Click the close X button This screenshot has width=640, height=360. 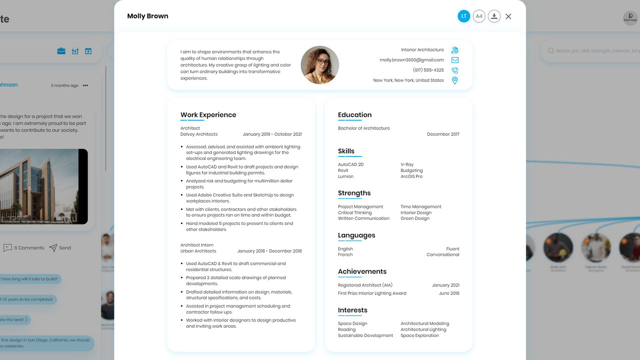click(508, 16)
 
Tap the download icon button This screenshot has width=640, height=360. click(494, 16)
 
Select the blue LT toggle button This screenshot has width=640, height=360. click(464, 16)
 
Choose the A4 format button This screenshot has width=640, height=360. click(479, 16)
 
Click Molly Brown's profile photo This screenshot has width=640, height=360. click(320, 65)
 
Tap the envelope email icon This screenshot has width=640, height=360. click(455, 60)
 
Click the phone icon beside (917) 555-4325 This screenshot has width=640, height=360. click(455, 70)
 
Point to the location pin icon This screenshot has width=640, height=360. click(455, 80)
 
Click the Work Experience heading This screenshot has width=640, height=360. click(208, 115)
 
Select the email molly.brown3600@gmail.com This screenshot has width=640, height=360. click(411, 60)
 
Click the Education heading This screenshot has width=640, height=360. click(355, 115)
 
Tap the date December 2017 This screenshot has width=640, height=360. click(443, 134)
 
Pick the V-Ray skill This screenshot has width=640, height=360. click(407, 164)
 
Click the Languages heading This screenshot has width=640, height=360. click(356, 235)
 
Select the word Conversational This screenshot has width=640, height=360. click(443, 255)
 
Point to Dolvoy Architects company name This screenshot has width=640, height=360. click(199, 134)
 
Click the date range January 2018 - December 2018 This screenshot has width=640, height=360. click(269, 251)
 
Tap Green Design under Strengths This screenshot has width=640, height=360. click(415, 218)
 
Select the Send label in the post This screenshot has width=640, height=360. click(65, 248)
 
